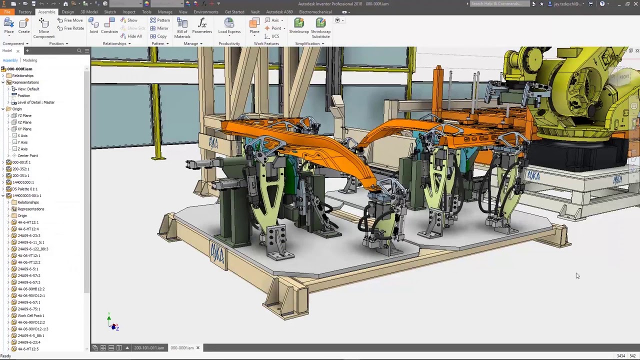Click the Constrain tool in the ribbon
click(x=109, y=26)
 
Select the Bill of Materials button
click(x=182, y=27)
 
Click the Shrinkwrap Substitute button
click(x=320, y=27)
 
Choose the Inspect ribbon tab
click(x=128, y=12)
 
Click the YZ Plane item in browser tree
click(x=24, y=115)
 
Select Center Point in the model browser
click(x=27, y=155)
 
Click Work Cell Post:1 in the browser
click(x=30, y=315)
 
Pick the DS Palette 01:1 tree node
click(x=24, y=189)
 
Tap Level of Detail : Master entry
click(x=35, y=102)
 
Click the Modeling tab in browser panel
click(x=29, y=60)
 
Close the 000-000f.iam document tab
click(x=197, y=347)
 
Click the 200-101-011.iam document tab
click(x=148, y=348)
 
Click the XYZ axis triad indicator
click(x=113, y=324)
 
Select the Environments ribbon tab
click(x=206, y=12)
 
